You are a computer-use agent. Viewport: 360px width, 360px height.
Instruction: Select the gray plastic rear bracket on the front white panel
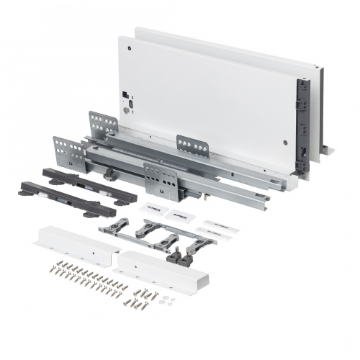pos(302,127)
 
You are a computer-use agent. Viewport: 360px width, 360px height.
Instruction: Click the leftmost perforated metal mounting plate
pos(68,153)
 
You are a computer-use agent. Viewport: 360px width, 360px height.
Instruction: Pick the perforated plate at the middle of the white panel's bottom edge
pos(192,146)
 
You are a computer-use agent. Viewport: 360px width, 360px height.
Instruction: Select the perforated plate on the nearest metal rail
pos(161,180)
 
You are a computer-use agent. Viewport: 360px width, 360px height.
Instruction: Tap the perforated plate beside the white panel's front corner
pos(103,125)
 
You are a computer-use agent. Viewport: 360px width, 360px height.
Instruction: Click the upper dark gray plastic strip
pos(89,185)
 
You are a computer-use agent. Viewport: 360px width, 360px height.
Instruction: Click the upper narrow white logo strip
pos(219,225)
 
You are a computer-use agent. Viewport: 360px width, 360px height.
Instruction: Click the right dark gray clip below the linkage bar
pos(193,250)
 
